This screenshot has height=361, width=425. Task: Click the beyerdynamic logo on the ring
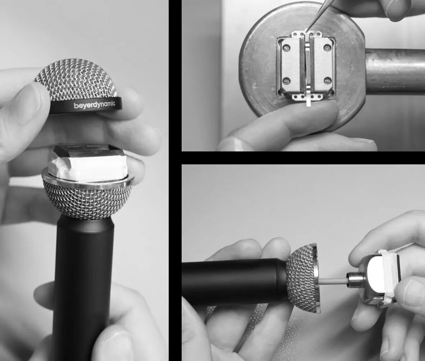(94, 105)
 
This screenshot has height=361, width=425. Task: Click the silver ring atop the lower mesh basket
(88, 180)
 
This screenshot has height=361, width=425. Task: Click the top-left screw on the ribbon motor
(286, 48)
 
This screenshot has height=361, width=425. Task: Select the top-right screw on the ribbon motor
(328, 48)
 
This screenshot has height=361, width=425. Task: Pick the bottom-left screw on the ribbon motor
(287, 80)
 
